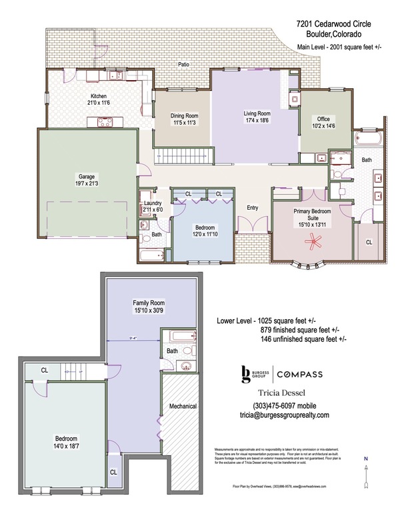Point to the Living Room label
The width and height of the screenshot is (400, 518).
point(256,113)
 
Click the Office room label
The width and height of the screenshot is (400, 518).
point(325,117)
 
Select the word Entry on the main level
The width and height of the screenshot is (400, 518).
point(252,207)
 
